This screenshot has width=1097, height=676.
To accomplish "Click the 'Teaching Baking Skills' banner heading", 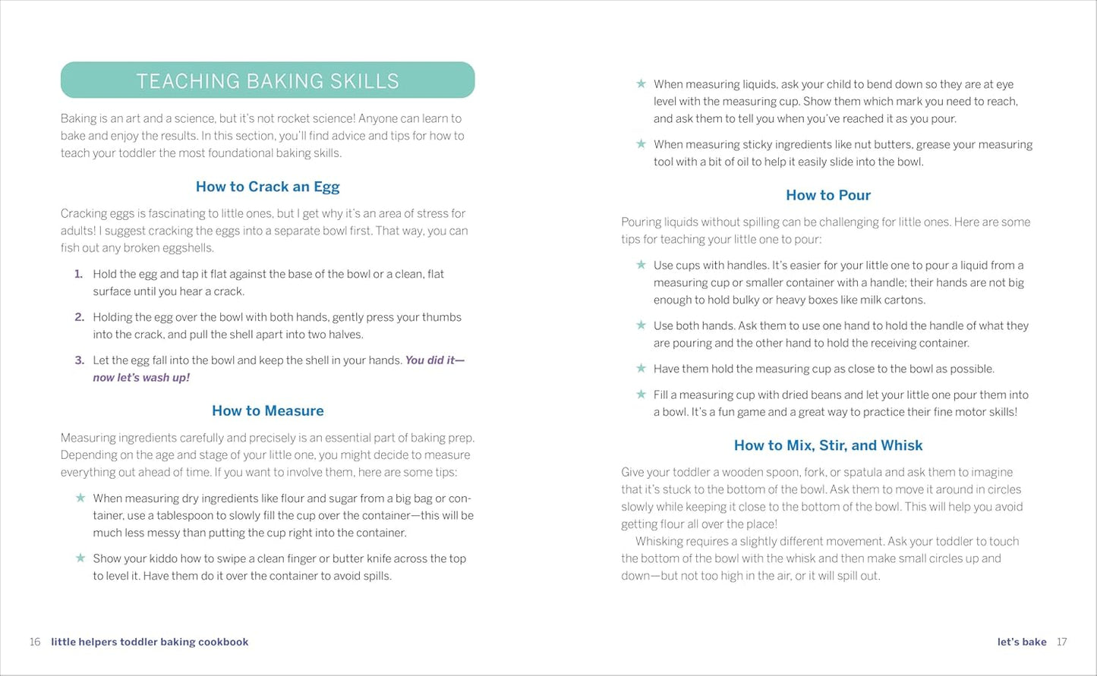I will click(x=267, y=81).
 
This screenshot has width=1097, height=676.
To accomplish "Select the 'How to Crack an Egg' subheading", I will click(x=267, y=187).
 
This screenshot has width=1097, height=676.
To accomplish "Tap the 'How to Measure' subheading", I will click(x=267, y=410).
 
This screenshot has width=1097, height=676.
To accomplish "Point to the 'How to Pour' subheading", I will click(x=827, y=195).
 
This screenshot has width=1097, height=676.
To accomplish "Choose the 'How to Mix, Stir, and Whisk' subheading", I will click(x=827, y=445).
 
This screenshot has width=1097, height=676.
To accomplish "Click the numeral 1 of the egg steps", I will click(x=78, y=274).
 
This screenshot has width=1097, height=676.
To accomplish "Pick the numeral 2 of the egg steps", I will click(x=79, y=317).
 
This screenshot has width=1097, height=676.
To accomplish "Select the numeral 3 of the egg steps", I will click(x=79, y=360).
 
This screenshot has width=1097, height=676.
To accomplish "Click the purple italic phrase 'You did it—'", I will click(x=434, y=360).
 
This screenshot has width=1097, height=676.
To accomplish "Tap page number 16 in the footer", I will click(x=35, y=642).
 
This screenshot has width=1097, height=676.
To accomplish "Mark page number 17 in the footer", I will click(x=1061, y=642).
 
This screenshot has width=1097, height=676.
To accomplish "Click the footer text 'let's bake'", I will click(x=1022, y=642).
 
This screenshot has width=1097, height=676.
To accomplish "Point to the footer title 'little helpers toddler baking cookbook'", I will click(x=150, y=642).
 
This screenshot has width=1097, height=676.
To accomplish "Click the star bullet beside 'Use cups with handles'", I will click(x=641, y=265).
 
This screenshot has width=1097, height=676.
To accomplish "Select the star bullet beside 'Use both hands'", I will click(x=641, y=325).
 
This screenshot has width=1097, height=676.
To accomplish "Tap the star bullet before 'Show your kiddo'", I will click(x=80, y=558).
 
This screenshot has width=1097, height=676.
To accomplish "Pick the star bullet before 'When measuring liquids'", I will click(x=641, y=83).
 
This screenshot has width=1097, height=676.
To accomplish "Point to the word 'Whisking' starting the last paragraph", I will click(x=660, y=541).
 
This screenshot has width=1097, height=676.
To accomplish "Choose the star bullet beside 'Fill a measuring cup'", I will click(x=641, y=395).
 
